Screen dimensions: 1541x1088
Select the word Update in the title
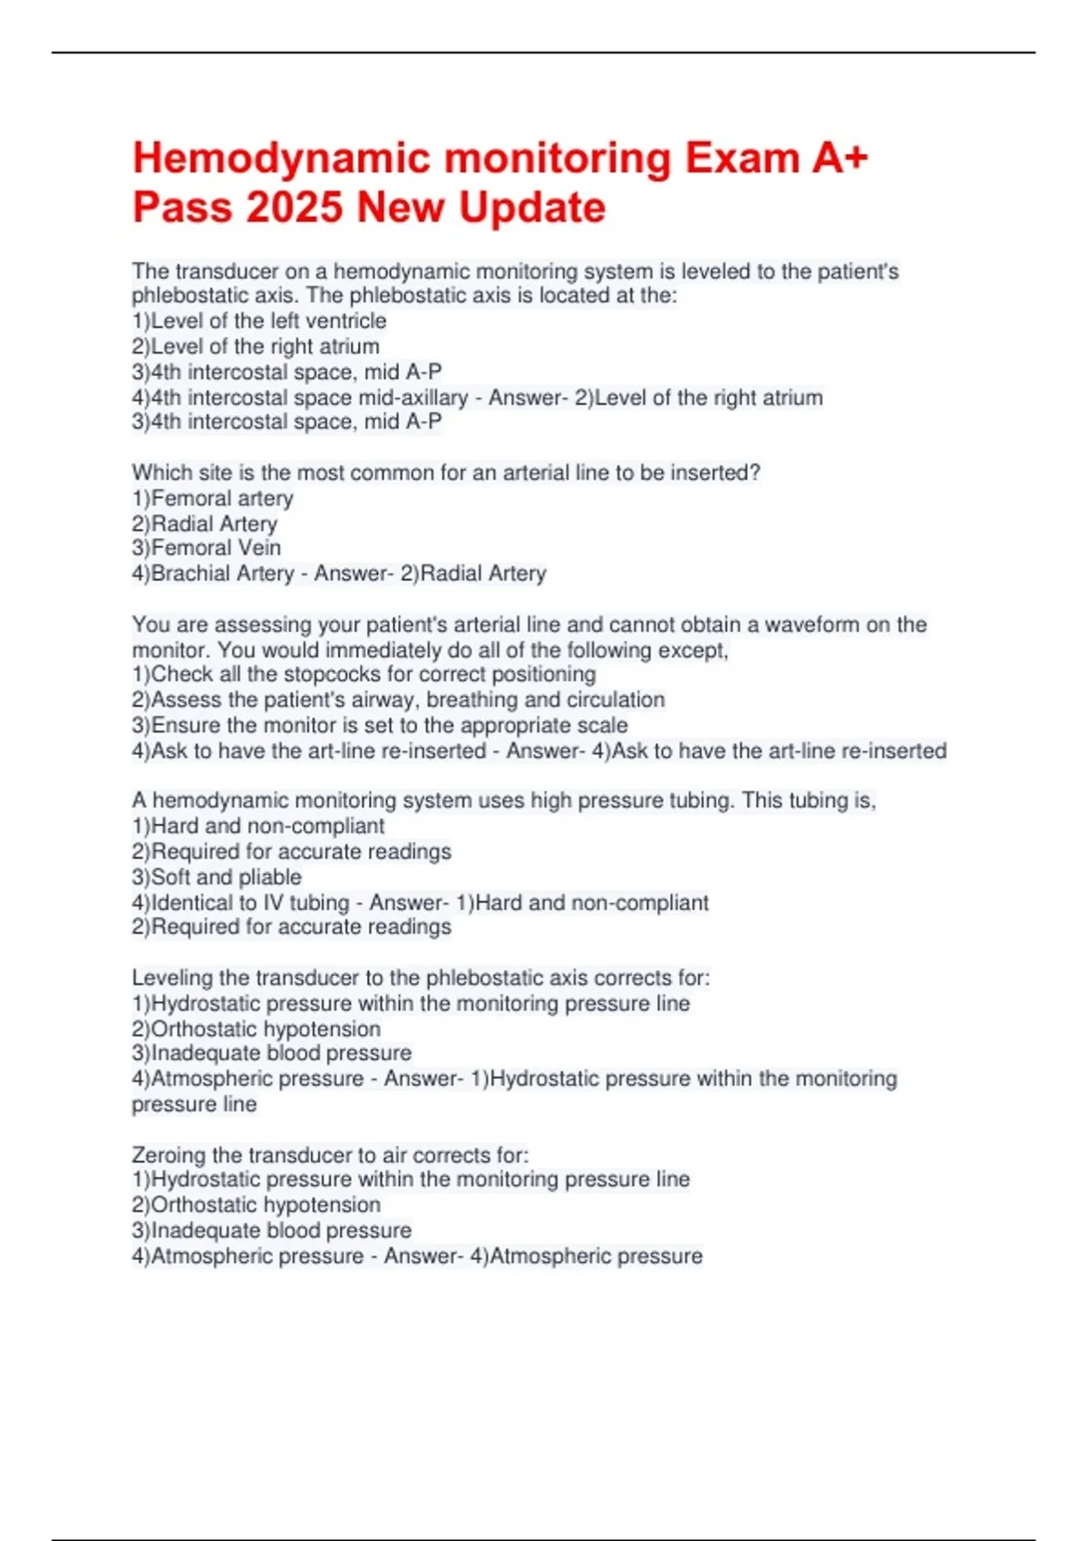tap(532, 208)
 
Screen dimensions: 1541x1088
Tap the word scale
tap(601, 725)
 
